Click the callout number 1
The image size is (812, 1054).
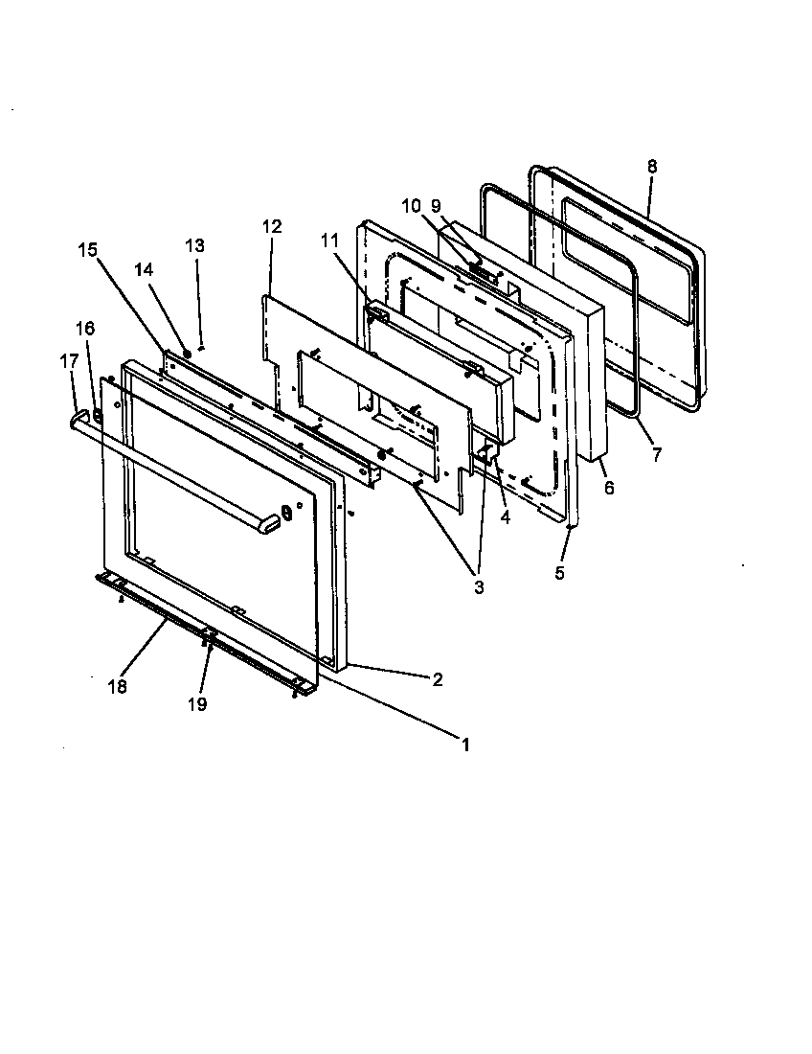click(466, 744)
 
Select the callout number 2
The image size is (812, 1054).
click(438, 679)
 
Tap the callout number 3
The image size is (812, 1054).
click(479, 587)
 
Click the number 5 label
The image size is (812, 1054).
click(560, 575)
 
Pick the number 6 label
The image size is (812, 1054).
click(609, 488)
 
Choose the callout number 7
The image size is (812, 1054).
click(656, 455)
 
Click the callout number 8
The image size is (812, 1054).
click(652, 166)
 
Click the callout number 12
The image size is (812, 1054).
click(271, 227)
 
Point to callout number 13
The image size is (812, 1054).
click(194, 245)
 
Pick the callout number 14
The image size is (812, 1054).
click(144, 271)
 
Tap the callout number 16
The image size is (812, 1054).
click(84, 329)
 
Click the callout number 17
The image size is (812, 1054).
click(68, 361)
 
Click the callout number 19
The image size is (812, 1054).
click(196, 704)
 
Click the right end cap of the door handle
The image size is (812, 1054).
click(271, 520)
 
